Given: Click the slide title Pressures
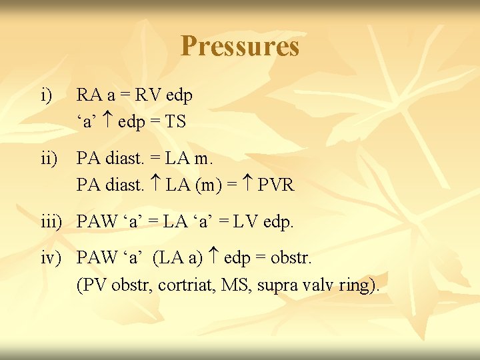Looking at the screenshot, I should click(x=240, y=47).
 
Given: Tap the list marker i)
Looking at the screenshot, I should click(x=47, y=95).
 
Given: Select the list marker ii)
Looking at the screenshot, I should click(x=49, y=158).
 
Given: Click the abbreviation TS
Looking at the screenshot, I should click(x=176, y=122).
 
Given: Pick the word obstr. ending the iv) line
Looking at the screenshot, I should click(x=289, y=257).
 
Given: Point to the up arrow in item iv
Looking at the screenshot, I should click(x=215, y=257).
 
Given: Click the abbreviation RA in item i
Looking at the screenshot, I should click(x=88, y=95).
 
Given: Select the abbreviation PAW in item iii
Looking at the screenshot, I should click(x=96, y=221).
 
